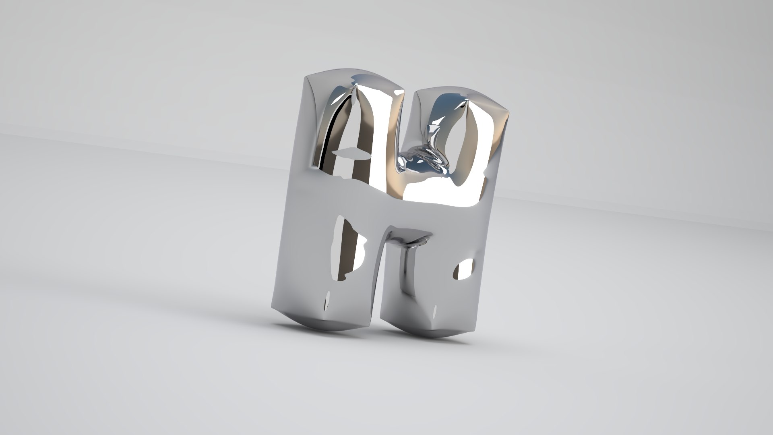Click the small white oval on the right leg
[463, 271]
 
